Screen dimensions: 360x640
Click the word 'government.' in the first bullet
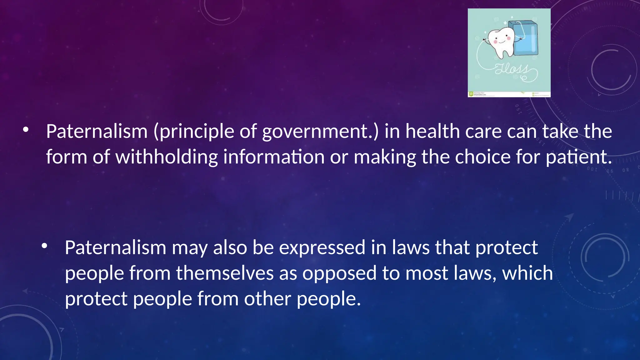point(320,132)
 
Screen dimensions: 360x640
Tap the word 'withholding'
point(167,157)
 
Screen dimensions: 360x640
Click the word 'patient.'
point(579,157)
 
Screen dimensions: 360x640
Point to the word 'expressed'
point(322,248)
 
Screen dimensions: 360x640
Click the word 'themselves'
point(225,273)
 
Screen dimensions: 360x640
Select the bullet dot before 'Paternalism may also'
point(44,246)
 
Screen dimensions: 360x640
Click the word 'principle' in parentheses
point(194,132)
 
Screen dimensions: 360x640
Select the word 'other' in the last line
point(267,299)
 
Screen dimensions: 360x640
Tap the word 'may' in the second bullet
point(190,248)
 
